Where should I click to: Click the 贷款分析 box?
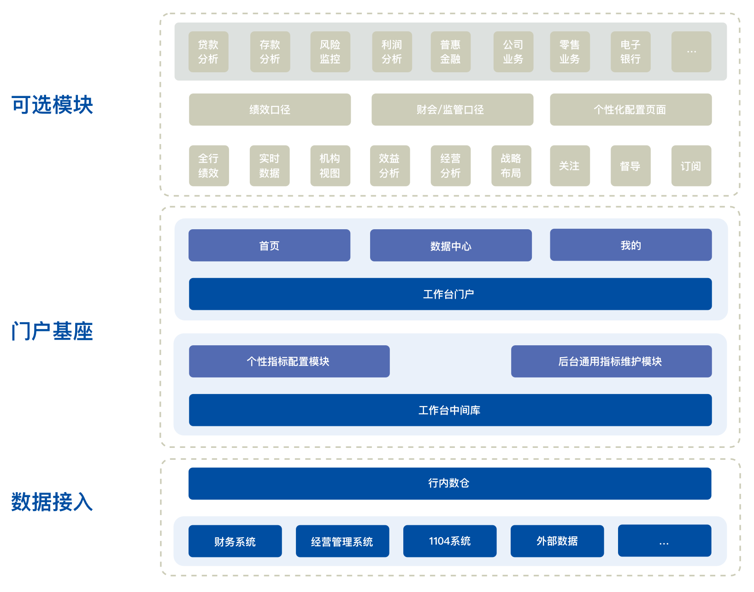[208, 52]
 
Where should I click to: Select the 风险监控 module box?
[330, 52]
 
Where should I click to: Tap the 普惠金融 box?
[450, 52]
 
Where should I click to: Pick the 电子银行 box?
[630, 52]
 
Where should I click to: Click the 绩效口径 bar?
[270, 110]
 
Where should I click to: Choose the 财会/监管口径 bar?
[452, 110]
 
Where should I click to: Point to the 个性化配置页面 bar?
[630, 110]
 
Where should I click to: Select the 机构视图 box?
[330, 166]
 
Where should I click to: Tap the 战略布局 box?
[511, 166]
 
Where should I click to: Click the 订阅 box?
[691, 166]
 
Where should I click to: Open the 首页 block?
[269, 245]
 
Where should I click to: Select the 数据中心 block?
[451, 245]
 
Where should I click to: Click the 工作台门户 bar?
[450, 294]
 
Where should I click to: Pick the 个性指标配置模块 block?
[289, 361]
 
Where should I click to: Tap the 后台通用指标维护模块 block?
[611, 361]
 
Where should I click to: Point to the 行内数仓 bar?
[449, 483]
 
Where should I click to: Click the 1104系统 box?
[450, 541]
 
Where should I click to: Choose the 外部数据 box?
[557, 541]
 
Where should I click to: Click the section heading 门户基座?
[52, 331]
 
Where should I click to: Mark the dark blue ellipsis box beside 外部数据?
[664, 541]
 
